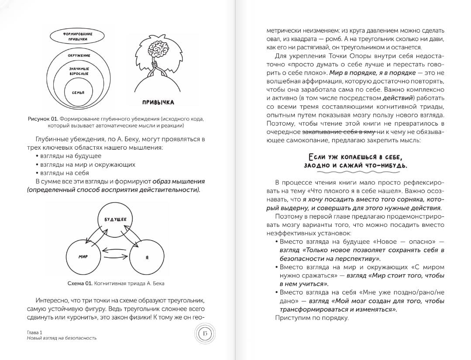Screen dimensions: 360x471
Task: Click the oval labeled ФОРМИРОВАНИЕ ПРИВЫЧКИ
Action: click(78, 36)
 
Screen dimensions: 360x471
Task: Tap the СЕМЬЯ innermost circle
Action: click(78, 93)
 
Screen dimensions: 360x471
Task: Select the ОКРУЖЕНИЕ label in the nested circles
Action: click(79, 56)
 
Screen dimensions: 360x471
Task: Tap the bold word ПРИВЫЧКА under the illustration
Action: click(158, 103)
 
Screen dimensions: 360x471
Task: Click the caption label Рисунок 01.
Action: click(42, 118)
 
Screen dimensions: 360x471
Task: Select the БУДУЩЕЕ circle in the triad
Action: click(115, 220)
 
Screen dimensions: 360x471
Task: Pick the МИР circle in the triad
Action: click(83, 257)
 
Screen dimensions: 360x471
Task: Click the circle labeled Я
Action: click(147, 257)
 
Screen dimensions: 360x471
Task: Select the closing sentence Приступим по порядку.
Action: click(311, 318)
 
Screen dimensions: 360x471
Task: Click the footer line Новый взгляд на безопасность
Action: click(61, 338)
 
